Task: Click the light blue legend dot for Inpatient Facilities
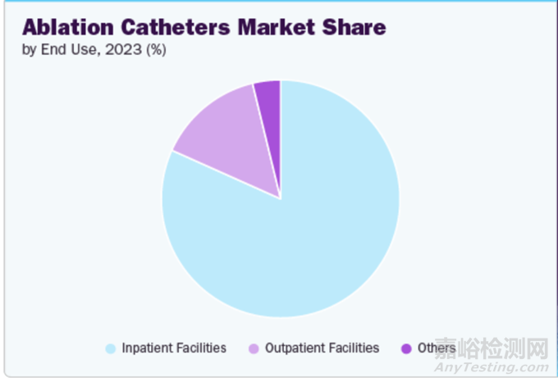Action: [x=111, y=348]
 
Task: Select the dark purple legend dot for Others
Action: [x=405, y=348]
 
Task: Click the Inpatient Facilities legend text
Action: [x=174, y=348]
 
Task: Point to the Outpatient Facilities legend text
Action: [x=322, y=348]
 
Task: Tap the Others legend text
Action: [x=436, y=348]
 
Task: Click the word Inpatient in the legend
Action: [x=147, y=348]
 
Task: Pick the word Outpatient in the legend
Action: [x=295, y=348]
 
